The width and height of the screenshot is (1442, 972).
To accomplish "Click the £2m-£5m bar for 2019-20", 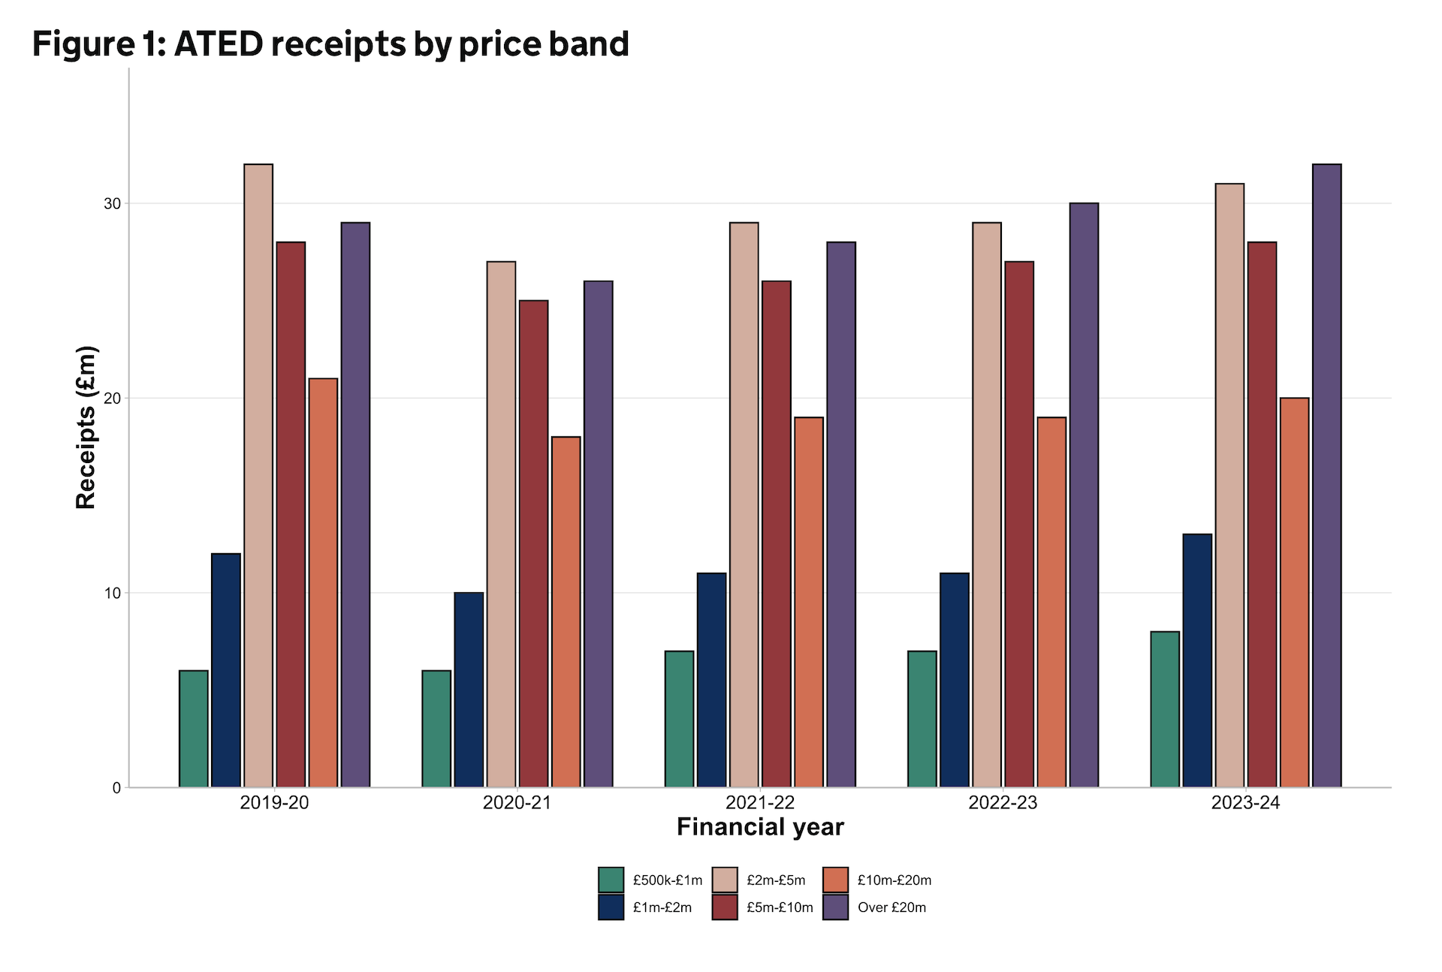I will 258,475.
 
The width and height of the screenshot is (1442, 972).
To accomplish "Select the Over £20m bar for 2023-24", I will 1326,475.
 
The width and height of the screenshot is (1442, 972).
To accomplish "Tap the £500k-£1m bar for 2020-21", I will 436,728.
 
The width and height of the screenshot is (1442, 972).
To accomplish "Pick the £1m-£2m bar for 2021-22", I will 711,679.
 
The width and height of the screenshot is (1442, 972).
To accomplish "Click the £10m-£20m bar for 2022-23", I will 1051,601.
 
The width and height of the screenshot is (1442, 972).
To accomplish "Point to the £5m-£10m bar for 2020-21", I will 533,543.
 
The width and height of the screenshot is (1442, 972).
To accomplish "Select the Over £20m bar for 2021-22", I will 841,514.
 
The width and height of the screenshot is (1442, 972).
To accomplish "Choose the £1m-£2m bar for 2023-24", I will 1197,660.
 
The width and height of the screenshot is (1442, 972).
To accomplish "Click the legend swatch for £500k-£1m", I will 611,880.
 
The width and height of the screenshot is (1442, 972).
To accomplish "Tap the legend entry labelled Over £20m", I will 891,907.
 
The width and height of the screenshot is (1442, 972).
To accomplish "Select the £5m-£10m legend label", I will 780,907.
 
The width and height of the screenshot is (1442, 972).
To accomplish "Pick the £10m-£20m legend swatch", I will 835,880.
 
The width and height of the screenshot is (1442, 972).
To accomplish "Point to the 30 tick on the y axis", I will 112,203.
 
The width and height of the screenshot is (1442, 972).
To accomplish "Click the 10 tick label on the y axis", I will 112,593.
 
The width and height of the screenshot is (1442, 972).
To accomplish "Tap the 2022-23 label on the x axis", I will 1003,802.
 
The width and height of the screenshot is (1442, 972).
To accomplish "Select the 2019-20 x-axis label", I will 274,802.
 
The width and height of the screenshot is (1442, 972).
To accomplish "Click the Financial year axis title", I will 760,827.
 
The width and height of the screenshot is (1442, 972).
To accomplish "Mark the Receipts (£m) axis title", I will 86,427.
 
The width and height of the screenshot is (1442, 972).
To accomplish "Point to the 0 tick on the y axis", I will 116,787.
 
